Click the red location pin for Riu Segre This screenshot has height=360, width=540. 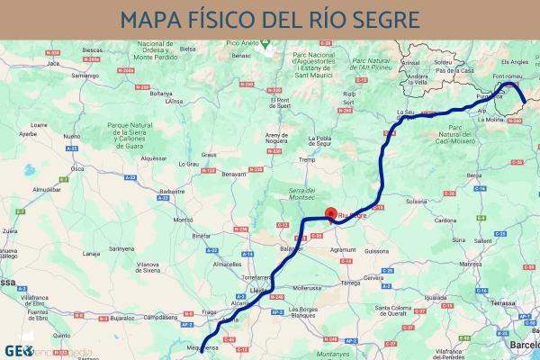[330, 213]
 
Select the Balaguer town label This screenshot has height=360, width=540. [291, 247]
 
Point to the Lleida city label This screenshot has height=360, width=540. [255, 291]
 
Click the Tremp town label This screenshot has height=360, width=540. [309, 160]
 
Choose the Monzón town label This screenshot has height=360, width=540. [184, 220]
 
